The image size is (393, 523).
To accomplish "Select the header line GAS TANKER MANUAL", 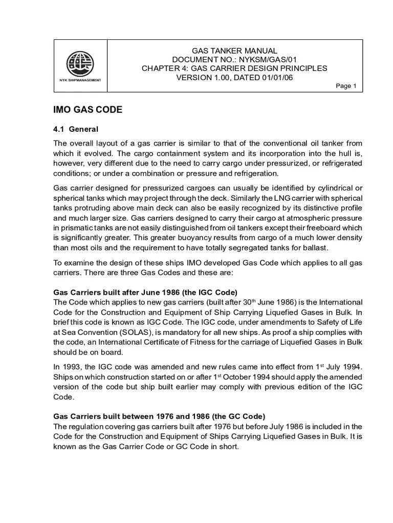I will click(234, 51).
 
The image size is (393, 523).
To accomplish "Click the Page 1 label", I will click(346, 86).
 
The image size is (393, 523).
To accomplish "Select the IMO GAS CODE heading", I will click(88, 110).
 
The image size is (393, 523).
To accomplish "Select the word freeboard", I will click(316, 228).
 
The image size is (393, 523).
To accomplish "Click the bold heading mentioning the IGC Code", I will click(145, 293).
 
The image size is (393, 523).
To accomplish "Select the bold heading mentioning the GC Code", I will click(159, 416).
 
